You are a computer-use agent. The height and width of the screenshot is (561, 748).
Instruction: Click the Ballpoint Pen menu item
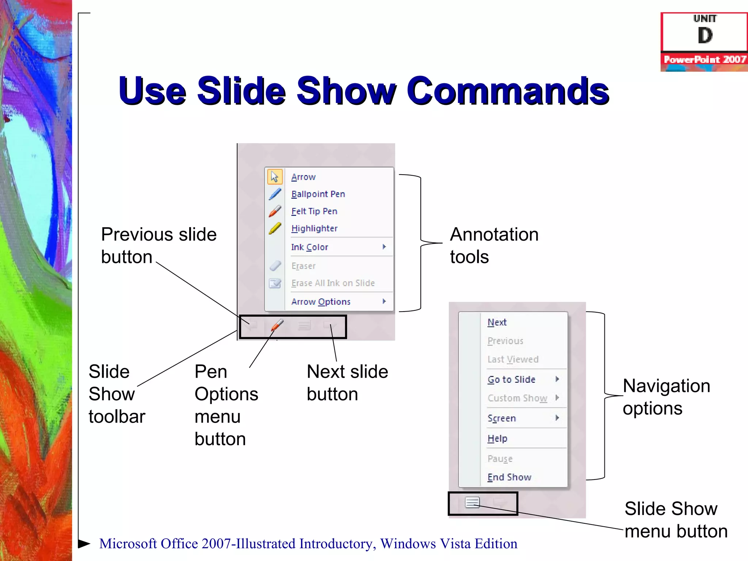pos(318,194)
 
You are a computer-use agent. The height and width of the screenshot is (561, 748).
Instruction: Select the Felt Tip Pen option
pos(314,211)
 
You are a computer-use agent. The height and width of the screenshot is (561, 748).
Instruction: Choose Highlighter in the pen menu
pos(314,228)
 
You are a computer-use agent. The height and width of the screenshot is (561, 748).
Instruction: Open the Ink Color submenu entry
pos(310,247)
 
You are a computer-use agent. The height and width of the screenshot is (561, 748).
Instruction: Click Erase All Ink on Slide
pos(333,283)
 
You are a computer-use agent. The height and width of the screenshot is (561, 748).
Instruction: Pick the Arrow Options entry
pos(321,302)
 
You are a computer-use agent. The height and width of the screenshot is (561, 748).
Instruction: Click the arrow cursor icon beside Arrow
pos(275,177)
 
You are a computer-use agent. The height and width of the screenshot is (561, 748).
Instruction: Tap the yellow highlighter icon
pos(275,228)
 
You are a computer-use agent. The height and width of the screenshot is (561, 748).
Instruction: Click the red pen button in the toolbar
pos(277,325)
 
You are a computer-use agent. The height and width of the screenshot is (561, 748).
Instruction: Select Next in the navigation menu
pos(497,322)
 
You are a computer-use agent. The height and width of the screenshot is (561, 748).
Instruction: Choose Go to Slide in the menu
pos(511,379)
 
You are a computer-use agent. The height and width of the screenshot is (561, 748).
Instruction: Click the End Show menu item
pos(509,477)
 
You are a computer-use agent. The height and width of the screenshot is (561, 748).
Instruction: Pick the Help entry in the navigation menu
pos(497,438)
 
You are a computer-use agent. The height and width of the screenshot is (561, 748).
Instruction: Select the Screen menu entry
pos(501,418)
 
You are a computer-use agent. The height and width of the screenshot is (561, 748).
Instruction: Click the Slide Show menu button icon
pos(472,503)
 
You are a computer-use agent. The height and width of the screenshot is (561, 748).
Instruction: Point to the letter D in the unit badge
pos(705,36)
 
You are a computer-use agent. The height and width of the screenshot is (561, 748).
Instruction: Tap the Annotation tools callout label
pos(494,245)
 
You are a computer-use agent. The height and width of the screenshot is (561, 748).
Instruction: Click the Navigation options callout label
pos(666,397)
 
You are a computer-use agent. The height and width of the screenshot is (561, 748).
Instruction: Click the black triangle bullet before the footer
pos(84,543)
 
